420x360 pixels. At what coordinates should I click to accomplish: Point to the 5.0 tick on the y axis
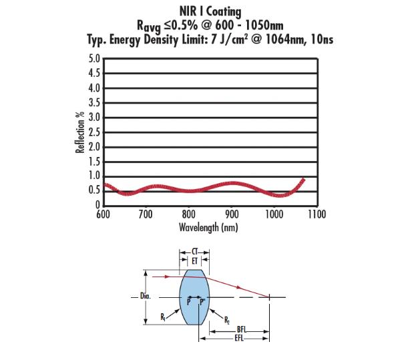pyautogui.click(x=94, y=59)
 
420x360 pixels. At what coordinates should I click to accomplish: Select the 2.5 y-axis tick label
pyautogui.click(x=94, y=132)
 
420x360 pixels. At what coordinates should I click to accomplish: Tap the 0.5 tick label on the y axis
pyautogui.click(x=94, y=190)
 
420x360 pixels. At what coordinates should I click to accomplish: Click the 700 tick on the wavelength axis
pyautogui.click(x=146, y=214)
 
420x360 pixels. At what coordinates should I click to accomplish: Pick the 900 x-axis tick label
pyautogui.click(x=232, y=214)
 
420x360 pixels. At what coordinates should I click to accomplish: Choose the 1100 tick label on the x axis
pyautogui.click(x=317, y=214)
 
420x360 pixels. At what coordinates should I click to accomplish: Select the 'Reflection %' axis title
pyautogui.click(x=81, y=132)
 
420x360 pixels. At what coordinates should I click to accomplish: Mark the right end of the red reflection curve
pyautogui.click(x=304, y=179)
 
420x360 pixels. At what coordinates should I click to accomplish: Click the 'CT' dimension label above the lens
pyautogui.click(x=195, y=252)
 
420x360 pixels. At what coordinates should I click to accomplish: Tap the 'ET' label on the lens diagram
pyautogui.click(x=195, y=261)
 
